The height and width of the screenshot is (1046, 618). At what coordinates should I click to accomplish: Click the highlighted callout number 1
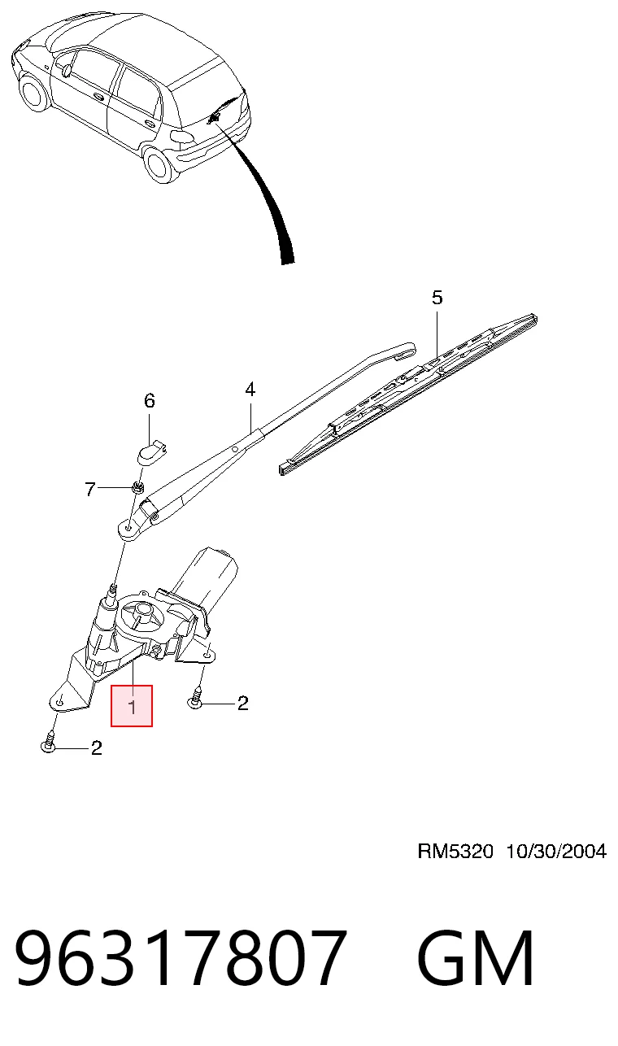coord(133,707)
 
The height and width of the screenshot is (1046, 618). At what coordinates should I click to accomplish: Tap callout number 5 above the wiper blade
coord(437,298)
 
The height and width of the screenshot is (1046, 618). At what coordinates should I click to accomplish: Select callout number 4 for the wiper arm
coord(250,389)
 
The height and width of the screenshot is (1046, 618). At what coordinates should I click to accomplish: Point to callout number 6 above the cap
coord(150,400)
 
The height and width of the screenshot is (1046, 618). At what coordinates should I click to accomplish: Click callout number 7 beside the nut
coord(90,489)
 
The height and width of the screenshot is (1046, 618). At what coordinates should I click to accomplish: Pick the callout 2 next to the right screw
coord(242,703)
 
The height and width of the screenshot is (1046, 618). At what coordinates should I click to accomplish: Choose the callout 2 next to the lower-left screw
coord(97,748)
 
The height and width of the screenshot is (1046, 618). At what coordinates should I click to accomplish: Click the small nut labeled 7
coord(137,487)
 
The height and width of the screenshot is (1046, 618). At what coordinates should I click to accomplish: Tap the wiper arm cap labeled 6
coord(152,451)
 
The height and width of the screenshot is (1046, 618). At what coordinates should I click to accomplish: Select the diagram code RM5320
coord(455,852)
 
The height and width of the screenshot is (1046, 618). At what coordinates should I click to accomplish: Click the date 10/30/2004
coord(556,852)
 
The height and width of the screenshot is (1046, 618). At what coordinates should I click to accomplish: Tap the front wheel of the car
coord(34,93)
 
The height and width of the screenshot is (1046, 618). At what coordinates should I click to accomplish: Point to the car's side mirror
coord(67,70)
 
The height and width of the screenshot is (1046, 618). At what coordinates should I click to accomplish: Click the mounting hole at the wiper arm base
coord(128,529)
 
